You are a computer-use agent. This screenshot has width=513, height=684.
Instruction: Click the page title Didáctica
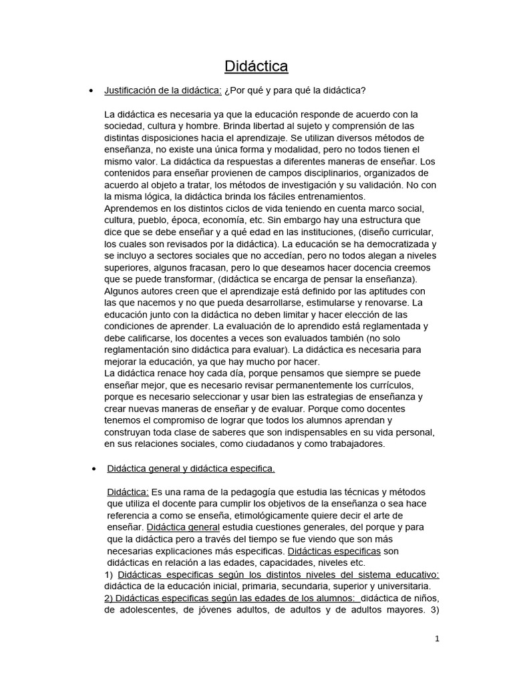tap(256, 66)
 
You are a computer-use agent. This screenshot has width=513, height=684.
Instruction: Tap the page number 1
tap(437, 639)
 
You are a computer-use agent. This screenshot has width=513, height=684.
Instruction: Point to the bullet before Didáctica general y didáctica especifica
tap(92, 469)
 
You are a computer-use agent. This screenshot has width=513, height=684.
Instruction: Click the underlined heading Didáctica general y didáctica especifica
tap(191, 468)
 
